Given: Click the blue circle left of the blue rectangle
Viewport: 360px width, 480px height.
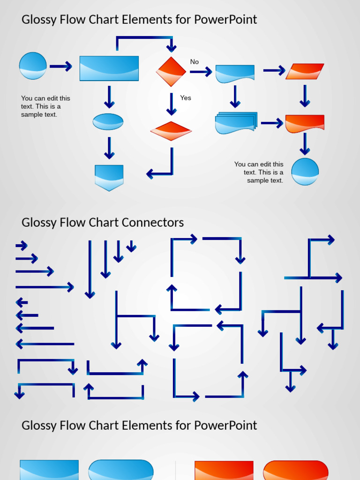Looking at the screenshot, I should [x=33, y=66].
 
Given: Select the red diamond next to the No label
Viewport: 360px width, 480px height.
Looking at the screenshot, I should [x=171, y=72].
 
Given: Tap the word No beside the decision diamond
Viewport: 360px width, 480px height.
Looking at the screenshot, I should [x=194, y=62].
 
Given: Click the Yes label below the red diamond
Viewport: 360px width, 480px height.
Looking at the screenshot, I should [x=186, y=98].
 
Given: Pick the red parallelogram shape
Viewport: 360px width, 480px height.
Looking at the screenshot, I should [x=305, y=72].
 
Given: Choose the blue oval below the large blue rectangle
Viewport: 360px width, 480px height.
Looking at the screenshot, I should [x=108, y=122].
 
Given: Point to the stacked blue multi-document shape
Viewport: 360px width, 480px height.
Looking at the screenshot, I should [x=236, y=123].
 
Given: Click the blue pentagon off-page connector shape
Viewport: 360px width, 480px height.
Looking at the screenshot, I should [x=109, y=177].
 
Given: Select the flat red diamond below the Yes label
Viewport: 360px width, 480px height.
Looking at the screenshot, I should [x=171, y=131].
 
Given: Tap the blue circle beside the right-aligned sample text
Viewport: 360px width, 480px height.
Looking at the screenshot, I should [x=305, y=172].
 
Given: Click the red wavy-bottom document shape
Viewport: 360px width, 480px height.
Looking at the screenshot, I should [x=305, y=123].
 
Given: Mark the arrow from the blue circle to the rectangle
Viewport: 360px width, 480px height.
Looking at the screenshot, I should [x=61, y=67].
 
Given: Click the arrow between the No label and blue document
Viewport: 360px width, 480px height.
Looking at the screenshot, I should [x=201, y=72].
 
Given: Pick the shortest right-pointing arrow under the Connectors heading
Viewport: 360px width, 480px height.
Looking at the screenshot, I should [x=22, y=245].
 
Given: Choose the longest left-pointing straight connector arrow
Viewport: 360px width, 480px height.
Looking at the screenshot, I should [x=45, y=345].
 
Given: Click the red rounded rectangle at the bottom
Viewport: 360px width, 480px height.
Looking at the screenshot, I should [x=295, y=470].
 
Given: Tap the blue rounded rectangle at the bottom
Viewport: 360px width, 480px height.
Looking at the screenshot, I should [x=121, y=470].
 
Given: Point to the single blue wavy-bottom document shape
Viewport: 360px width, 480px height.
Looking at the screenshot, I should [x=235, y=74].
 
